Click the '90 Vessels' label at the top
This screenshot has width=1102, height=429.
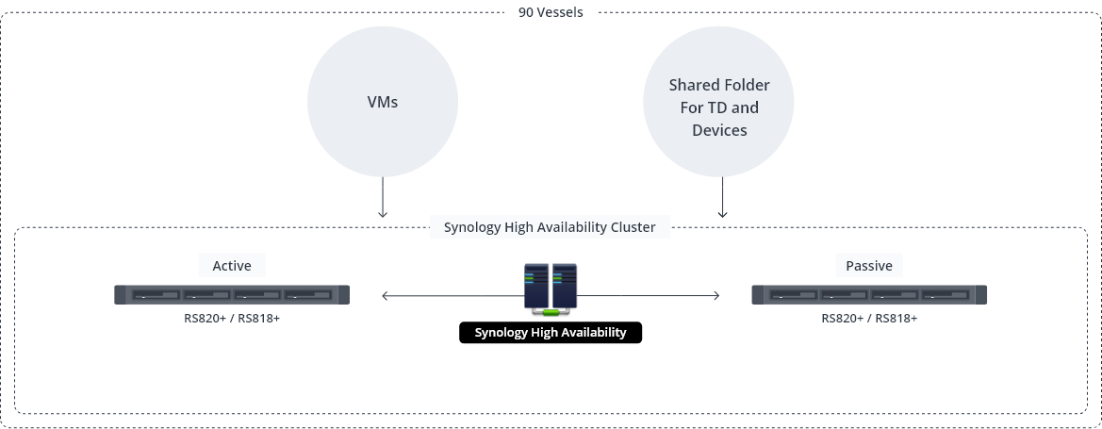(x=551, y=12)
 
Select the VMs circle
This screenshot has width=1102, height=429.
(x=382, y=102)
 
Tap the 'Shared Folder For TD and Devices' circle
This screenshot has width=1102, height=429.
(x=719, y=107)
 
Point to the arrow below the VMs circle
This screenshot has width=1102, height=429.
(x=382, y=200)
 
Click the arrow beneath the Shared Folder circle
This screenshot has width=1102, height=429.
(x=722, y=200)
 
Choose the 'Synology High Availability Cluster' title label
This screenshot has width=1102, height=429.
(x=550, y=227)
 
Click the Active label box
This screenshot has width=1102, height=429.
(x=231, y=266)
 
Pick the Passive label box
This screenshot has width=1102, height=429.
(x=868, y=266)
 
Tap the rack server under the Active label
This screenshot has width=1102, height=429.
(x=231, y=295)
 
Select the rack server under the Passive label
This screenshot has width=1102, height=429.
(x=868, y=295)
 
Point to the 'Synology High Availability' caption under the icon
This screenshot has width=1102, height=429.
(x=551, y=333)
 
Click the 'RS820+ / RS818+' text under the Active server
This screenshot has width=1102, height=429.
(x=231, y=319)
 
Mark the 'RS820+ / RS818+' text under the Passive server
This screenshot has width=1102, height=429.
(x=868, y=319)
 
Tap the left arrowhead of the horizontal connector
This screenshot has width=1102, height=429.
(x=385, y=296)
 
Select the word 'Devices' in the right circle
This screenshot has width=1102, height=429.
(x=719, y=130)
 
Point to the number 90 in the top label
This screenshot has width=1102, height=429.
(x=526, y=12)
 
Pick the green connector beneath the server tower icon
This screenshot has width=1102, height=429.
(x=551, y=311)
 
